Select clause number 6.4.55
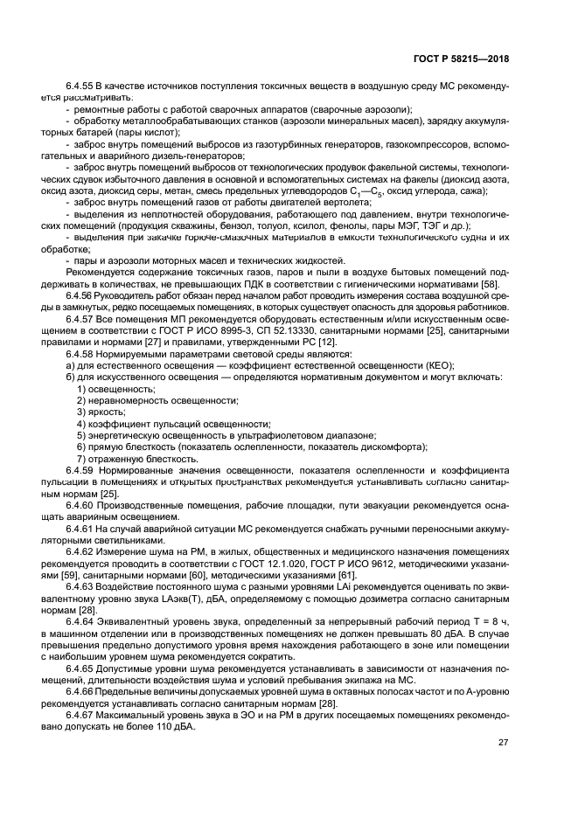click(80, 86)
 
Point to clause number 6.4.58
click(80, 354)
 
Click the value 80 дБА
click(441, 633)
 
